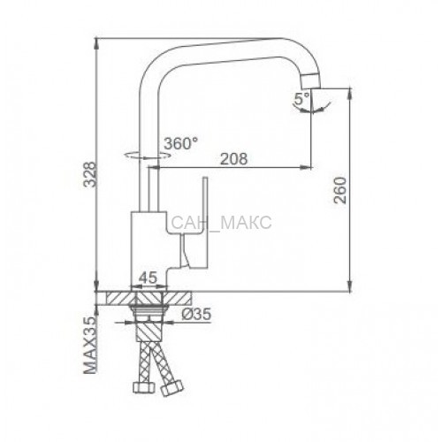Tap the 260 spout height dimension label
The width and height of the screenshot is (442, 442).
tap(340, 190)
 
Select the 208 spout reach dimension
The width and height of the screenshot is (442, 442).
tap(234, 159)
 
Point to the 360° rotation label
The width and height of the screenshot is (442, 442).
tap(181, 143)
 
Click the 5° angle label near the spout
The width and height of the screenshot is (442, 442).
tap(301, 99)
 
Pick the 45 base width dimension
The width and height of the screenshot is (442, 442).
tap(149, 278)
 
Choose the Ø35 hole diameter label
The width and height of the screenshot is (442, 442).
tap(196, 314)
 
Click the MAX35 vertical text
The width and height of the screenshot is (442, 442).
tap(91, 345)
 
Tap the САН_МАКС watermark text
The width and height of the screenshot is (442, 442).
tap(221, 223)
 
